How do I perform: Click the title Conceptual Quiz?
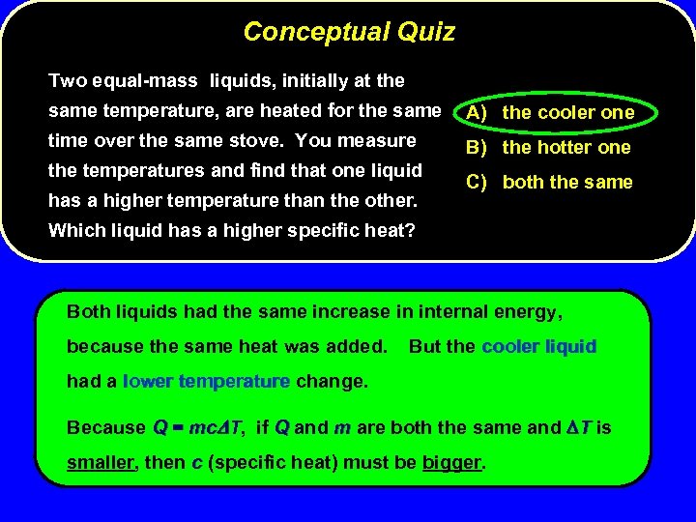pos(349,32)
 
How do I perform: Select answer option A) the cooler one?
pos(549,112)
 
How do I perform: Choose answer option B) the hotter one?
pos(548,147)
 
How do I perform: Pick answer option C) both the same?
pos(549,182)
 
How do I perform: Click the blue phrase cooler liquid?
pos(538,346)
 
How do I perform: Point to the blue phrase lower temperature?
pos(206,381)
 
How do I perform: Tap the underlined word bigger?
pos(451,461)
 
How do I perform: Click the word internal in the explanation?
pos(451,311)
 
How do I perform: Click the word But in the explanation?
pos(426,346)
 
